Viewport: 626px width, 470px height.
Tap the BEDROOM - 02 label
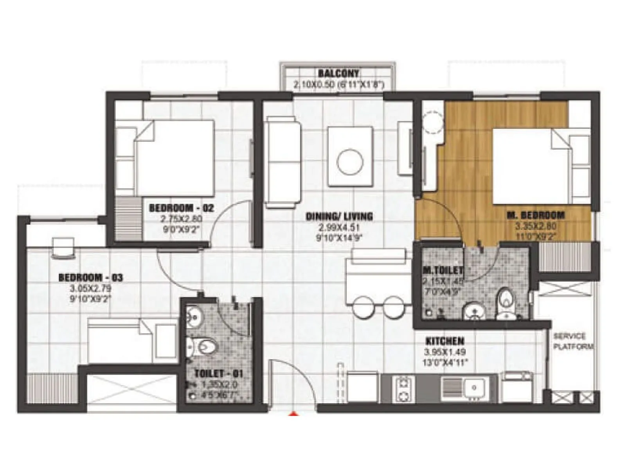tap(182, 208)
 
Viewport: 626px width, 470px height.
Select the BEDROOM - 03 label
tap(90, 278)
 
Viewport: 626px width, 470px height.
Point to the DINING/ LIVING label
tap(339, 216)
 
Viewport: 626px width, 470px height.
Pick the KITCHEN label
tap(445, 341)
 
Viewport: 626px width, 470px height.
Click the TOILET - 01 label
tap(219, 373)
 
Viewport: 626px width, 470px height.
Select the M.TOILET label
tap(443, 270)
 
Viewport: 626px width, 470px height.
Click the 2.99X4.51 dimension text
tap(339, 227)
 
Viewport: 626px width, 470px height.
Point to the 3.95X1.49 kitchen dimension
tap(445, 352)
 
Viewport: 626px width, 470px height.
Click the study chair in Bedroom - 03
tap(63, 249)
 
